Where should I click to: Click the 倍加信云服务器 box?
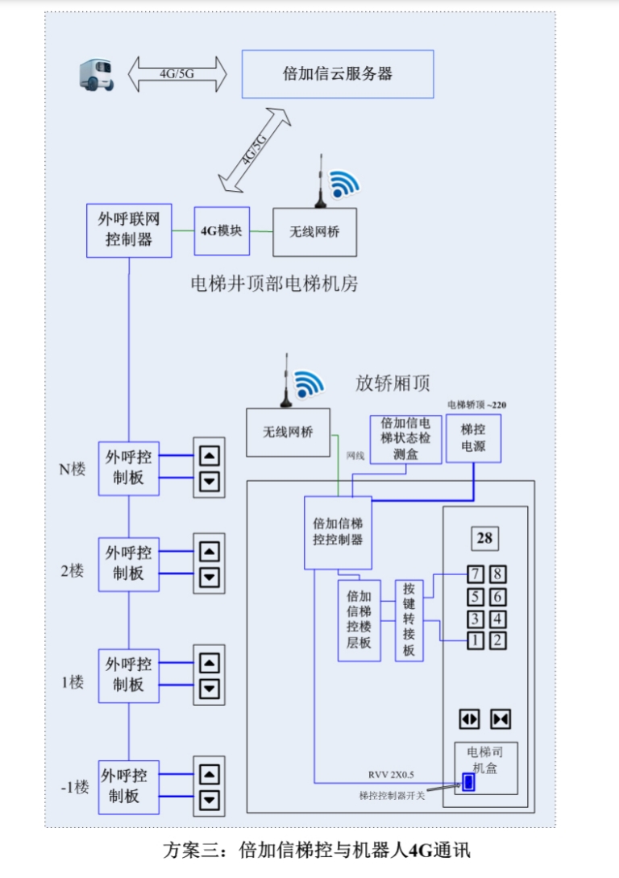[x=338, y=74]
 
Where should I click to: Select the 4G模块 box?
[x=222, y=230]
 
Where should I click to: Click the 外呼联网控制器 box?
[x=129, y=230]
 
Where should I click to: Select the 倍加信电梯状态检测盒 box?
[x=405, y=439]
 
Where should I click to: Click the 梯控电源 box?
[x=473, y=438]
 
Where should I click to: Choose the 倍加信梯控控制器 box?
[x=338, y=532]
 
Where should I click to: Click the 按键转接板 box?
[x=409, y=620]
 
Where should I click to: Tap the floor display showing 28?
[x=484, y=538]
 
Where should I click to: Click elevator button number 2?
[x=499, y=641]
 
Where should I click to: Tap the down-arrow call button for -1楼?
[x=210, y=800]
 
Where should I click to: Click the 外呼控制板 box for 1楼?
[x=128, y=674]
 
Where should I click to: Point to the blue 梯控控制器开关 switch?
[x=468, y=781]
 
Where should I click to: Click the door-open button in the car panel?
[x=469, y=719]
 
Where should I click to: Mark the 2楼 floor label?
[x=73, y=570]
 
